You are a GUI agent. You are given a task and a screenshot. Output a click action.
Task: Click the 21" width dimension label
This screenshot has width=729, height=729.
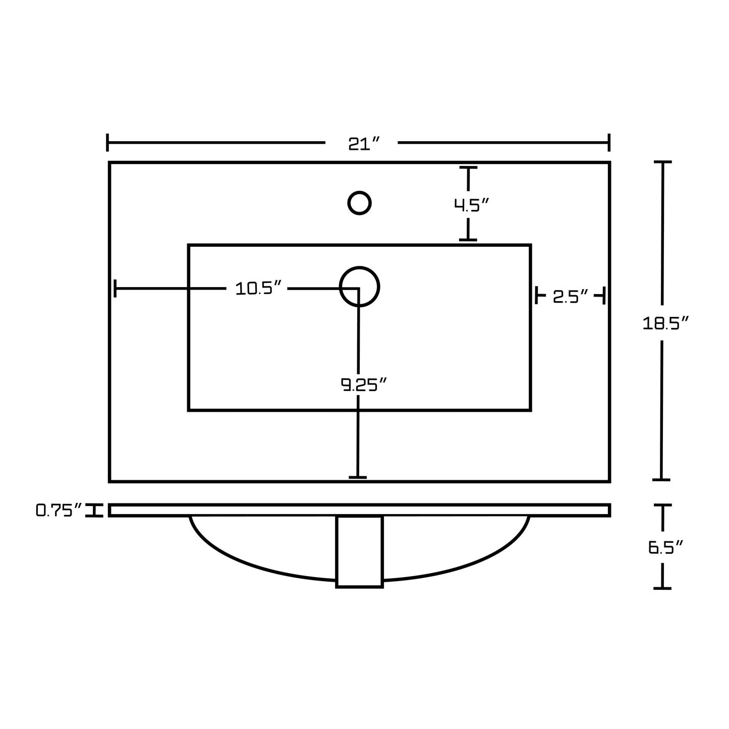(364, 144)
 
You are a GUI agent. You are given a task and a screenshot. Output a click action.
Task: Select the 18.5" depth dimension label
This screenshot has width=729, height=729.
(665, 323)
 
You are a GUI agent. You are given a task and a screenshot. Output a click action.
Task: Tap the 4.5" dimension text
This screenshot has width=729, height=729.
(472, 205)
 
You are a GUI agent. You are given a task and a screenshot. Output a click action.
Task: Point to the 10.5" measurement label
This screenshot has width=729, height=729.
(259, 288)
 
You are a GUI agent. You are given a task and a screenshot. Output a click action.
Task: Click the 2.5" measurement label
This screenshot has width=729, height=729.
(571, 297)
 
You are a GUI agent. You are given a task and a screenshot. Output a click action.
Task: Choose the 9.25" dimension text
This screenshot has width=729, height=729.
(364, 385)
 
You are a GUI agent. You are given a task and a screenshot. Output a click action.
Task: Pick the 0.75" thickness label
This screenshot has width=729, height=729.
(59, 510)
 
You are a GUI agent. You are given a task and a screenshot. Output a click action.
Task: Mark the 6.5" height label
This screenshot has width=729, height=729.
(665, 547)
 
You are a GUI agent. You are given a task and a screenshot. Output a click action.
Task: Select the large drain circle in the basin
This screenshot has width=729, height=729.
(359, 267)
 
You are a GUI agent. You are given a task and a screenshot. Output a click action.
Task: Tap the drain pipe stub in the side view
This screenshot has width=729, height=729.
(359, 551)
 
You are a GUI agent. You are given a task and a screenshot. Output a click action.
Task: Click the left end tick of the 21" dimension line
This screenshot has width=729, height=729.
(107, 142)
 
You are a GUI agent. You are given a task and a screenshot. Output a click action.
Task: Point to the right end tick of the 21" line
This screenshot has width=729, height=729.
(609, 142)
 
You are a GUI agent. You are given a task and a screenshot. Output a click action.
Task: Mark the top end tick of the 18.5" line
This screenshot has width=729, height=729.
(663, 162)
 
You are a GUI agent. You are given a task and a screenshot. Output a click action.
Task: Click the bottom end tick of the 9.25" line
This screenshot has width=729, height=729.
(358, 477)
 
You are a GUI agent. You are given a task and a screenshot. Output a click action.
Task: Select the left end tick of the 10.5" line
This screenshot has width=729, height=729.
(115, 288)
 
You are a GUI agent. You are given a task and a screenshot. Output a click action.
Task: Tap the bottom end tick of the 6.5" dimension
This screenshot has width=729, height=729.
(662, 589)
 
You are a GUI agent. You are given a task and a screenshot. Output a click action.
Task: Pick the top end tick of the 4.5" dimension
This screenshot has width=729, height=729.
(468, 167)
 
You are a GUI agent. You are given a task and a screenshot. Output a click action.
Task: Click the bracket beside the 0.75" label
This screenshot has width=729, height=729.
(94, 511)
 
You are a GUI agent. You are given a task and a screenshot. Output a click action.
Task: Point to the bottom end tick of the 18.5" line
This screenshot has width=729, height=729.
(661, 480)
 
